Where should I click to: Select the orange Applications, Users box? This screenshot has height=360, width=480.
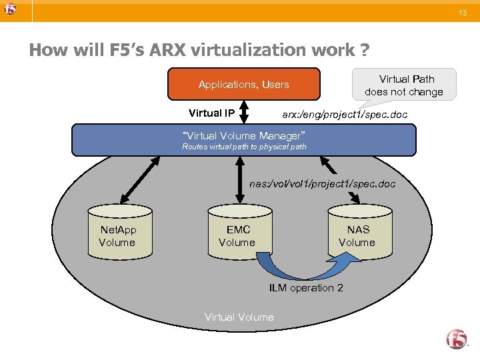[x=243, y=84]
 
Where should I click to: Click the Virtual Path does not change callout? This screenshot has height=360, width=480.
[x=404, y=85]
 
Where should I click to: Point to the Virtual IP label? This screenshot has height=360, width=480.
[x=211, y=113]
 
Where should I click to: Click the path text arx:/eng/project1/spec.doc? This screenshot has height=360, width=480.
[x=344, y=115]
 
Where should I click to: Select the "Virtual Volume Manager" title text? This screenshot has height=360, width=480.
[x=244, y=135]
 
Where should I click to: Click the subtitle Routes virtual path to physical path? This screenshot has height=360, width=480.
[x=244, y=147]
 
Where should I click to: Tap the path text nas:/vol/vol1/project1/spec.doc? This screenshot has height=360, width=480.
[x=322, y=183]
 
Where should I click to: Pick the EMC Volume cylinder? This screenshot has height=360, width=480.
[x=237, y=233]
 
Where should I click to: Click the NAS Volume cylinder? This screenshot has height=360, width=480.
[x=357, y=233]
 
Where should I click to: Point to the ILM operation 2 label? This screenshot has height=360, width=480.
[x=306, y=288]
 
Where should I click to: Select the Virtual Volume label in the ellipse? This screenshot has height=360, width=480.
[x=239, y=317]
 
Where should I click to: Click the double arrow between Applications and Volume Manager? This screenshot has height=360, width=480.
[x=244, y=111]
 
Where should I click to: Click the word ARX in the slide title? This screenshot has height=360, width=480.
[x=139, y=50]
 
